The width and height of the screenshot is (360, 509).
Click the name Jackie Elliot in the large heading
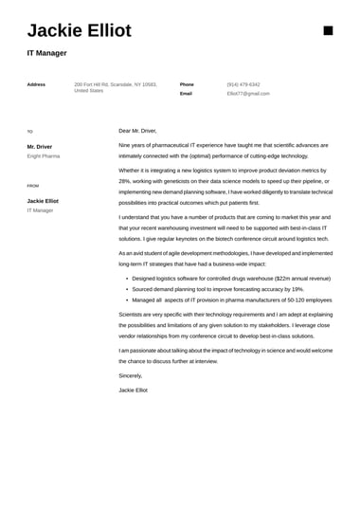80,31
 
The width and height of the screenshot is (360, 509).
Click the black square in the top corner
329,30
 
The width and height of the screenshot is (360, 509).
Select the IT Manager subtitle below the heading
46,53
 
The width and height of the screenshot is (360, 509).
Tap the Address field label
36,84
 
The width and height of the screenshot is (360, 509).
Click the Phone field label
187,84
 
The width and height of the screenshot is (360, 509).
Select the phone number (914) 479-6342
243,84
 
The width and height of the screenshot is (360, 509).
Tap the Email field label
186,94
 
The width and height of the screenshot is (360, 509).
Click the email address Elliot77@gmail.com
248,94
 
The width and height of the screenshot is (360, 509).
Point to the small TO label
29,132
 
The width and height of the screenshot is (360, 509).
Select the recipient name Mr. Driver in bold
40,147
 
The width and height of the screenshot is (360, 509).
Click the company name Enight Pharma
44,155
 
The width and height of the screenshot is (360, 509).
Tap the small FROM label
33,186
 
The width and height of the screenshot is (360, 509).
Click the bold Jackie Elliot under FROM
43,201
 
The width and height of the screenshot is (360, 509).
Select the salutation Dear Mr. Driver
137,131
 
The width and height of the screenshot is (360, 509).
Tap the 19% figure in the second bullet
297,289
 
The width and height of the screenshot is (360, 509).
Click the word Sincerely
131,375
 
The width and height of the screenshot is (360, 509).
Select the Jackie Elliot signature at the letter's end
134,390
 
